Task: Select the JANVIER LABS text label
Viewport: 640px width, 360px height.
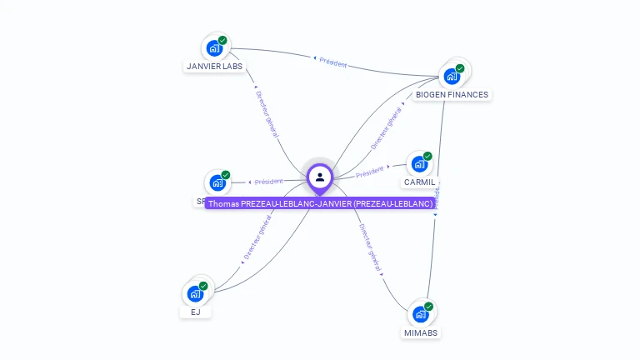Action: [215, 66]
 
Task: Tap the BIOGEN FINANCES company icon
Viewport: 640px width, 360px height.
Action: [452, 77]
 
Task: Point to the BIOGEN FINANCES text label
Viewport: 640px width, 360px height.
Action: [452, 94]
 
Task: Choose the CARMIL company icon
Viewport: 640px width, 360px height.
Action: [418, 164]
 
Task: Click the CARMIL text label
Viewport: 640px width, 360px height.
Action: [419, 182]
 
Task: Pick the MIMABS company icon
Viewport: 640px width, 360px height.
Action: [420, 315]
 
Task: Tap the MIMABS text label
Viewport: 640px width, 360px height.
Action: [421, 332]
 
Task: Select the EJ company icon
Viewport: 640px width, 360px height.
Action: [195, 293]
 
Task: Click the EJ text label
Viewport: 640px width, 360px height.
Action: [195, 312]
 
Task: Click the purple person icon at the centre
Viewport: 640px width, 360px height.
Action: [320, 177]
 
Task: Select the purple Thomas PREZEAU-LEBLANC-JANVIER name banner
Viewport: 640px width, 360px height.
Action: [320, 203]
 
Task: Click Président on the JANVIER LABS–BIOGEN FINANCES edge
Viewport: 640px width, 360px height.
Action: [332, 62]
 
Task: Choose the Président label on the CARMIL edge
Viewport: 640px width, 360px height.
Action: [369, 172]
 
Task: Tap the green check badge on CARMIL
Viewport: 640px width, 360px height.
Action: [427, 156]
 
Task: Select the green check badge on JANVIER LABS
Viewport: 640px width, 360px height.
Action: [222, 40]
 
